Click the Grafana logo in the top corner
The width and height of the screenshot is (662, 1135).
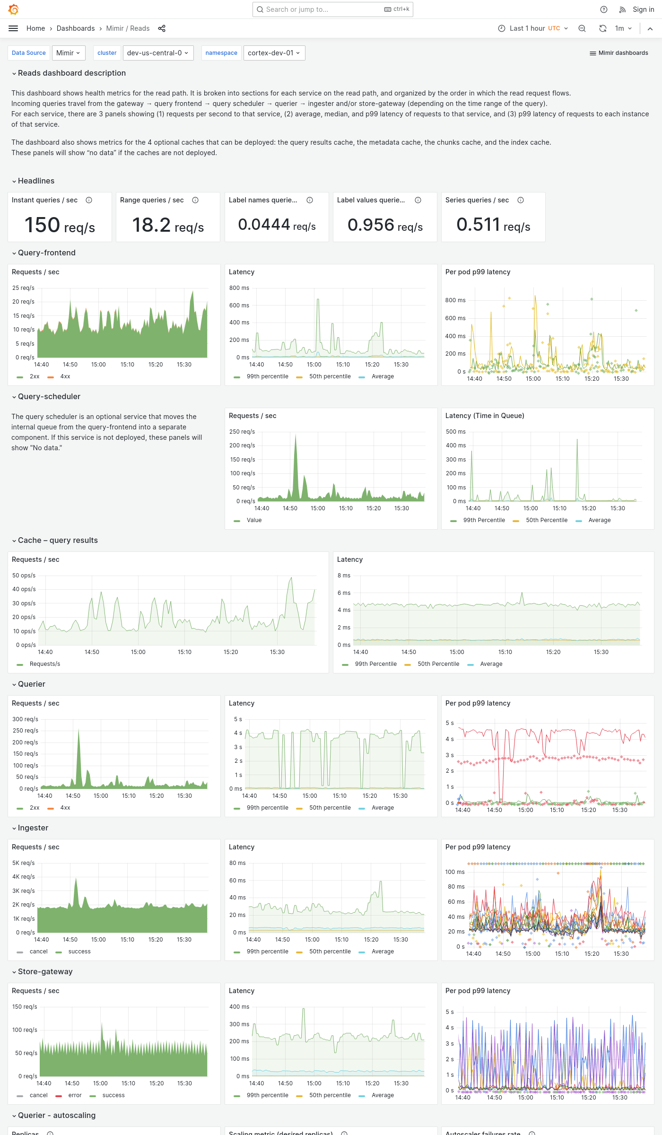pos(14,9)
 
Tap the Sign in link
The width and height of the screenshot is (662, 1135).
pos(643,9)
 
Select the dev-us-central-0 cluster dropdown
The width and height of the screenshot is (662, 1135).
pos(157,53)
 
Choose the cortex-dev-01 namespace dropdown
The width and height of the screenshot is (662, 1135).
pos(274,53)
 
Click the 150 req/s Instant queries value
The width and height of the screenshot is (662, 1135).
pos(60,225)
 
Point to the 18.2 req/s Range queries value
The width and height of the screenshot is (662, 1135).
pos(168,225)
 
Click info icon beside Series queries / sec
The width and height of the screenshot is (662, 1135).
pos(521,200)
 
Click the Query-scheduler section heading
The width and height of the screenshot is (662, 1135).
pos(49,396)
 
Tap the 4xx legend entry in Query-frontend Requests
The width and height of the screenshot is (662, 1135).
pos(65,376)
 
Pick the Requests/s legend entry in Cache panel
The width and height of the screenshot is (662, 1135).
pos(44,664)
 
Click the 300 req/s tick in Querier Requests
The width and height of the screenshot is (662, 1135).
pos(25,719)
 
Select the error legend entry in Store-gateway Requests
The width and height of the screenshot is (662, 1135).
pos(75,1095)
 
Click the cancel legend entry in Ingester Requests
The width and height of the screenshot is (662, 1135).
pos(38,952)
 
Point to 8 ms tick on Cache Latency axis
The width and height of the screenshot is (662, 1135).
pos(344,576)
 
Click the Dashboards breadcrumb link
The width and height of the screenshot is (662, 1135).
pos(76,28)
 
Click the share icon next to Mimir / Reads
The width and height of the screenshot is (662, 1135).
pos(162,28)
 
